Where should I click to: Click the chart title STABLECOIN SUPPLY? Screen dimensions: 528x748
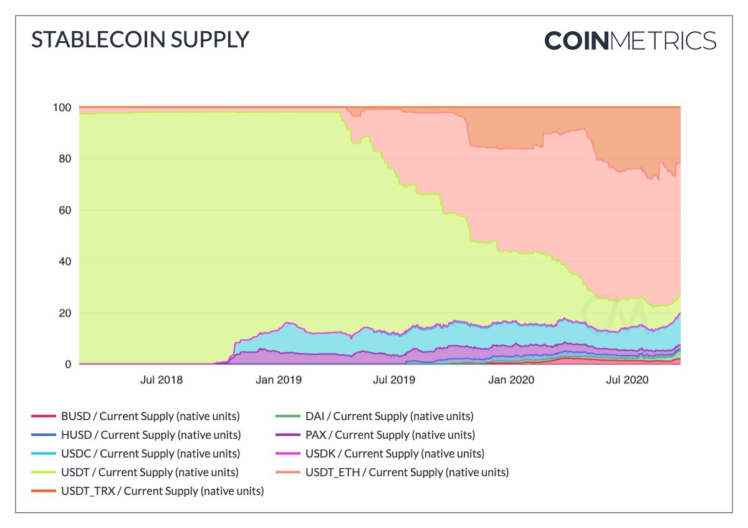[x=140, y=40]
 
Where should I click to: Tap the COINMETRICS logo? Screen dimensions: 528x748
[x=630, y=41]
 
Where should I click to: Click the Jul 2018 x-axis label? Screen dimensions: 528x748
[x=162, y=379]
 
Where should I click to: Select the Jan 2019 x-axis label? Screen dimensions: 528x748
[x=278, y=379]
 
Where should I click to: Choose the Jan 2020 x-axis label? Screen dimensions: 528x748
[x=511, y=379]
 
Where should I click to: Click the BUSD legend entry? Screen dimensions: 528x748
[x=150, y=416]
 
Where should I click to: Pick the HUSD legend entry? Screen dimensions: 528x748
[x=150, y=435]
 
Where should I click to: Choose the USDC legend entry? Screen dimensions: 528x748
[x=150, y=454]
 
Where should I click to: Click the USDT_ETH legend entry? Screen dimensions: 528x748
[x=406, y=473]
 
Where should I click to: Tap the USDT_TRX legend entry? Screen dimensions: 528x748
[x=162, y=491]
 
